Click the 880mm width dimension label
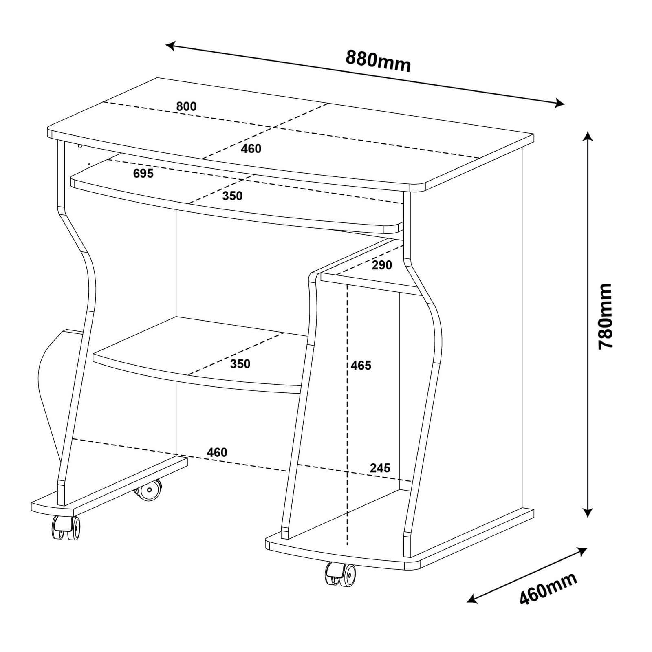pyautogui.click(x=378, y=61)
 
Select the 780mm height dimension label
pyautogui.click(x=605, y=316)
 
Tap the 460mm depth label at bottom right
pyautogui.click(x=548, y=589)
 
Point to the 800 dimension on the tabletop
pyautogui.click(x=186, y=106)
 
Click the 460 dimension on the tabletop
pyautogui.click(x=251, y=149)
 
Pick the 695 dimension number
pyautogui.click(x=143, y=173)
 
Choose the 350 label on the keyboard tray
pyautogui.click(x=232, y=196)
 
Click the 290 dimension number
pyautogui.click(x=382, y=265)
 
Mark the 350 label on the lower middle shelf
pyautogui.click(x=240, y=363)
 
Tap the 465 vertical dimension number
pyautogui.click(x=361, y=366)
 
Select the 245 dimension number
pyautogui.click(x=380, y=468)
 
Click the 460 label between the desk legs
pyautogui.click(x=217, y=452)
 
